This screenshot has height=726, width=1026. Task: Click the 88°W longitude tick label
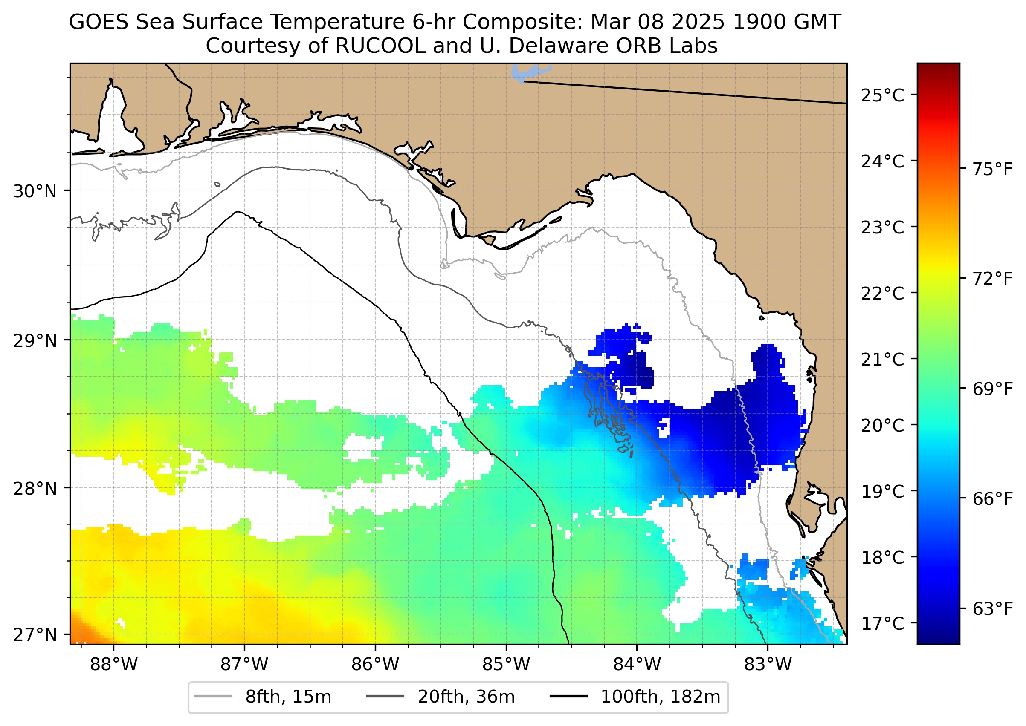click(114, 665)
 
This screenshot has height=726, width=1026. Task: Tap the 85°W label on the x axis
click(506, 665)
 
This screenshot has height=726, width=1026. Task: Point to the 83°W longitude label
click(768, 665)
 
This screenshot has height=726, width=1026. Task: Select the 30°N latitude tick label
click(35, 191)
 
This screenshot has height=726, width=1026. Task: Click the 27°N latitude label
click(35, 634)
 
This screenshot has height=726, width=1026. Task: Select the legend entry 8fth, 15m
click(288, 697)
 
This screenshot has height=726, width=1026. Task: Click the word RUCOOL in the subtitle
click(380, 46)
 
